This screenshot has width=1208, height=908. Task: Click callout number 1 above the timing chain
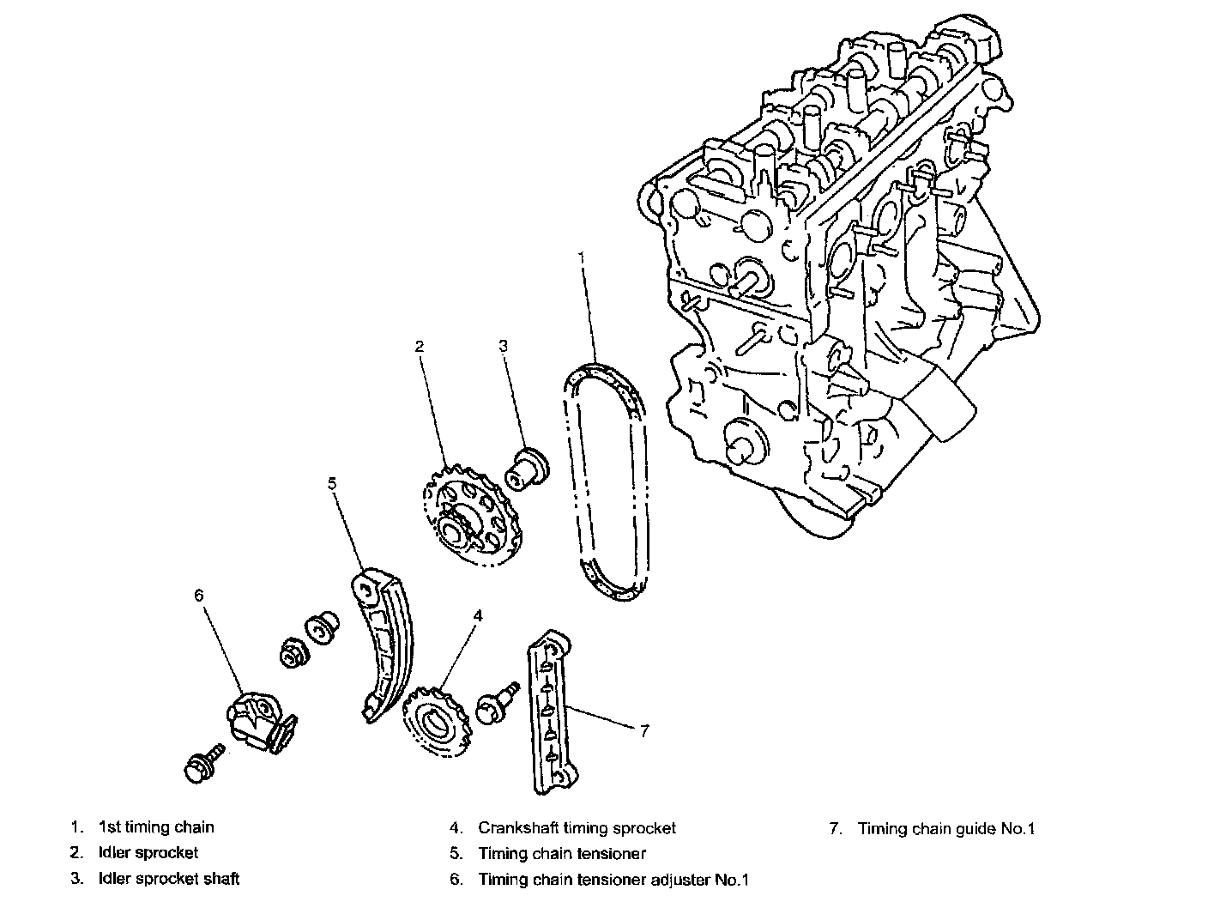(x=581, y=257)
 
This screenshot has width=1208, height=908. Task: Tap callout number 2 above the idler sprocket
(x=420, y=347)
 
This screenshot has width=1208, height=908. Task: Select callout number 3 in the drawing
(x=503, y=346)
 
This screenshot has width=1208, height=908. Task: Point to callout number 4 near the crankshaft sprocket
(x=478, y=616)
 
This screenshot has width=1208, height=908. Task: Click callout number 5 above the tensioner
(x=332, y=484)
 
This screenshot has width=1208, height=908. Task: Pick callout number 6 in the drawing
(x=199, y=596)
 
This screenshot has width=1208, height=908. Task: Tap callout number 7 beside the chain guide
(x=644, y=731)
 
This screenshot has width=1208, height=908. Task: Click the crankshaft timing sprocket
(x=436, y=722)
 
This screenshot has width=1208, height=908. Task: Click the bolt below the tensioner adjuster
(x=203, y=762)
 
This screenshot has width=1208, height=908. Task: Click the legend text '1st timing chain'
(x=156, y=827)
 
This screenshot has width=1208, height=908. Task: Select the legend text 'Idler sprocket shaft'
(x=169, y=878)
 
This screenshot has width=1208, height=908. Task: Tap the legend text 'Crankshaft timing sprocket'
(x=577, y=828)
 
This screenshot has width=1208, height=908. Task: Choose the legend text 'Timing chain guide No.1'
(x=946, y=829)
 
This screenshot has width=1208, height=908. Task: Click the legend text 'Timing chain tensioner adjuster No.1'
(x=613, y=880)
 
